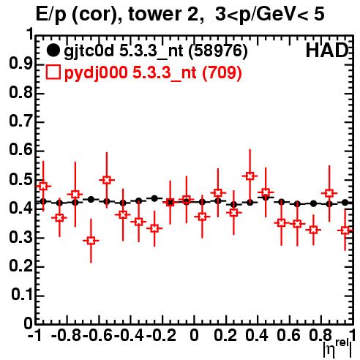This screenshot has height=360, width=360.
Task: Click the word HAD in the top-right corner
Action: [x=327, y=50]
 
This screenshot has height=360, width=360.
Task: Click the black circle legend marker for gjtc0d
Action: [x=53, y=50]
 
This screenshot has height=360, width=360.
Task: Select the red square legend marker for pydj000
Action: [x=53, y=72]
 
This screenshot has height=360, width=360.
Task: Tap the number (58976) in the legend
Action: [x=218, y=50]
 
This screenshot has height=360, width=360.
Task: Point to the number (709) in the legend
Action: [x=222, y=72]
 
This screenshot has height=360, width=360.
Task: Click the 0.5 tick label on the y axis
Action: [x=20, y=180]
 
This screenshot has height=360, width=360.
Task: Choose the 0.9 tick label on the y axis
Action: [x=20, y=64]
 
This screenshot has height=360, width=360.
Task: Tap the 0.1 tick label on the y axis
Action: [x=22, y=295]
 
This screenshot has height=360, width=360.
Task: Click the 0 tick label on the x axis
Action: [x=194, y=335]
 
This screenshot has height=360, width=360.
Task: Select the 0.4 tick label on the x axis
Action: [x=257, y=335]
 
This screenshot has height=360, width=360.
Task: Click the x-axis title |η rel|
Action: [x=337, y=349]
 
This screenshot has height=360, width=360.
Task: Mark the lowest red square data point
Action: [x=91, y=241]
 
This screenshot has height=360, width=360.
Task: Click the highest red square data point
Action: [x=250, y=176]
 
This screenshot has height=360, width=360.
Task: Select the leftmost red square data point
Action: [x=43, y=187]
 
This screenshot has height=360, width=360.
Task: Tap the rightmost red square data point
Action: [x=345, y=230]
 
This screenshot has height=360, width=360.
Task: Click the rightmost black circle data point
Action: [x=345, y=202]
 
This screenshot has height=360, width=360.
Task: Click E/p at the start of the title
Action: [x=51, y=15]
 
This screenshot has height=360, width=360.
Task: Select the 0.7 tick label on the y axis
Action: [x=20, y=121]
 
